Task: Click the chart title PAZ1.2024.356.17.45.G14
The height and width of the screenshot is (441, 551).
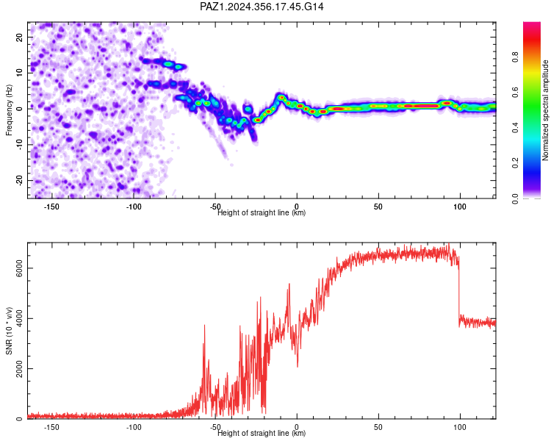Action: click(262, 7)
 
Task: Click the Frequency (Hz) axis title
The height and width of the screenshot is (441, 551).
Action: click(9, 110)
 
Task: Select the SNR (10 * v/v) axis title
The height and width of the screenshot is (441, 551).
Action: click(9, 331)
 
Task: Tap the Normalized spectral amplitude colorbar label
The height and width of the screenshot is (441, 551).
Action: click(545, 110)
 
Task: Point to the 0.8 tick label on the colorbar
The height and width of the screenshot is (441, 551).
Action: click(515, 57)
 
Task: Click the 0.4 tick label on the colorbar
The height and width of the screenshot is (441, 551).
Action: click(515, 128)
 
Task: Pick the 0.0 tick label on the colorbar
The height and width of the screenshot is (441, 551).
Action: click(515, 198)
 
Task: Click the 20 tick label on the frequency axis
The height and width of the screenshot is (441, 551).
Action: click(19, 37)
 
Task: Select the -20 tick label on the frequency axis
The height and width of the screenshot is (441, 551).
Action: click(19, 181)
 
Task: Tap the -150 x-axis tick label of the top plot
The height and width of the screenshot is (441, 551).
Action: click(51, 207)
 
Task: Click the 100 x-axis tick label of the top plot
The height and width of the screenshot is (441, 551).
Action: click(460, 207)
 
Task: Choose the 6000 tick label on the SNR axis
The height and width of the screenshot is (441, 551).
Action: click(19, 268)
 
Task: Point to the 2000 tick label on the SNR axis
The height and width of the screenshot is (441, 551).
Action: click(19, 368)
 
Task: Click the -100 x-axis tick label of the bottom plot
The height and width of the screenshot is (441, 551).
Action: click(133, 427)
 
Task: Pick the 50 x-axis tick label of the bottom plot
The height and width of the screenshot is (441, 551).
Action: click(378, 427)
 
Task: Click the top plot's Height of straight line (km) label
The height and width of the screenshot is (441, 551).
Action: click(262, 212)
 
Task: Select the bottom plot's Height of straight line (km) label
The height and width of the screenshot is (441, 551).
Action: click(262, 433)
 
